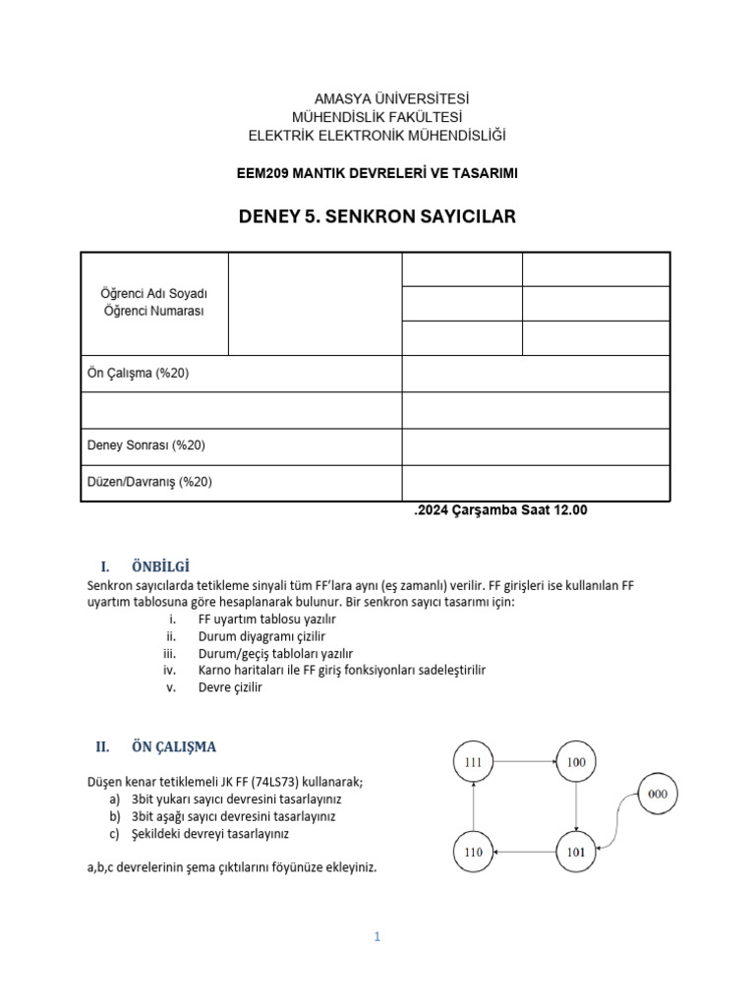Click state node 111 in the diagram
(x=475, y=762)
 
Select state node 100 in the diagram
(x=577, y=762)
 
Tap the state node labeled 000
(x=659, y=793)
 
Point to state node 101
(x=577, y=852)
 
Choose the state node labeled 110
(x=475, y=852)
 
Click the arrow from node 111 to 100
(x=526, y=761)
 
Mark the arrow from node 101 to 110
(x=526, y=852)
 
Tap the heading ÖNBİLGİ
(x=159, y=566)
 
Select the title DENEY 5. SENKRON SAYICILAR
(x=377, y=215)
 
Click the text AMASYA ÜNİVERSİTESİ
(x=377, y=99)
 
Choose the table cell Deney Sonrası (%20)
(x=146, y=445)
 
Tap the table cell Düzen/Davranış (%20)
(x=149, y=482)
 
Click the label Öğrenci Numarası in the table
(x=154, y=311)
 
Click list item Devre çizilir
(x=230, y=687)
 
